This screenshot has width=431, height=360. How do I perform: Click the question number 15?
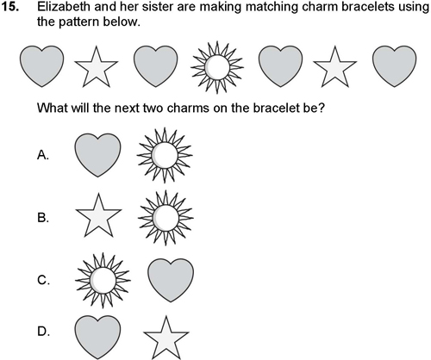[x=9, y=7]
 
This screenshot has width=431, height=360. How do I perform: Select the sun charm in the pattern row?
[x=217, y=67]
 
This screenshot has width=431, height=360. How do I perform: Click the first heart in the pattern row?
[x=42, y=66]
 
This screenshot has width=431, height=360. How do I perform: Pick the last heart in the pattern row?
[x=395, y=66]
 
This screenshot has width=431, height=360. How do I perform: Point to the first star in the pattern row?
[x=97, y=68]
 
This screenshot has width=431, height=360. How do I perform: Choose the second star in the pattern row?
[x=335, y=68]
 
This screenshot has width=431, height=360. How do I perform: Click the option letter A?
[x=43, y=155]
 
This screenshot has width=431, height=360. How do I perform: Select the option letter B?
[x=43, y=218]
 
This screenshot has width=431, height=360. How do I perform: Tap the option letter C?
[x=43, y=280]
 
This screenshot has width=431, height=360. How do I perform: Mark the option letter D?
[x=43, y=332]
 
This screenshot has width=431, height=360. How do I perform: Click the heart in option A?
[x=97, y=155]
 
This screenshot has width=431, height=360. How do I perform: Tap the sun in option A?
[x=165, y=155]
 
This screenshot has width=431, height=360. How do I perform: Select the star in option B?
[x=98, y=216]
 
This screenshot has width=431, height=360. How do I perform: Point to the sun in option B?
[x=166, y=218]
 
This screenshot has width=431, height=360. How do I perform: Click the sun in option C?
[x=103, y=280]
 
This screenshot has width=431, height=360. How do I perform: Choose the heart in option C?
[x=171, y=280]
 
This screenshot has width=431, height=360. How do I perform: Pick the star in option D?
[x=166, y=338]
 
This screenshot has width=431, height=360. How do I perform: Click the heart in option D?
[x=97, y=338]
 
